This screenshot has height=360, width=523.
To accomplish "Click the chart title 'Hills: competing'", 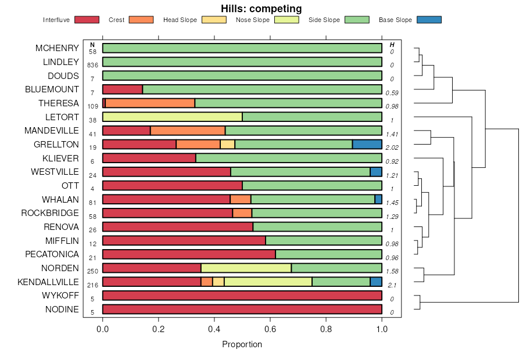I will pyautogui.click(x=261, y=9).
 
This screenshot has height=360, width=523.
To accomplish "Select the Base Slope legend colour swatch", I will pyautogui.click(x=429, y=20).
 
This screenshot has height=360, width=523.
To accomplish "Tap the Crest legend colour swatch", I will pyautogui.click(x=141, y=20).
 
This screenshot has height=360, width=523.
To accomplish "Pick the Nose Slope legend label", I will pyautogui.click(x=252, y=20).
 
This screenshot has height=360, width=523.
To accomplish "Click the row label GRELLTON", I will pyautogui.click(x=57, y=144).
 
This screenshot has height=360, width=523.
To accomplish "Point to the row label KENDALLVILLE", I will pyautogui.click(x=48, y=282).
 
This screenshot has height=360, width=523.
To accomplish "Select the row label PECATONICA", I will pyautogui.click(x=52, y=254).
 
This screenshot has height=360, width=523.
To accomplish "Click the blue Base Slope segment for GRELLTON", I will pyautogui.click(x=367, y=144).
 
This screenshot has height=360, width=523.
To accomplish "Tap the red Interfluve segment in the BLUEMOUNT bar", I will pyautogui.click(x=123, y=89).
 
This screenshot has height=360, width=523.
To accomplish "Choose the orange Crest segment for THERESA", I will pyautogui.click(x=150, y=103).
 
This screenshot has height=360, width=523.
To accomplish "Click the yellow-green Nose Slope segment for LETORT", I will pyautogui.click(x=173, y=117).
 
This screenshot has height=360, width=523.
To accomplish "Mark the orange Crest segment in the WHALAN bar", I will pyautogui.click(x=241, y=199).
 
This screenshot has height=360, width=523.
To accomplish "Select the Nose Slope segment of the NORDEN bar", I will pyautogui.click(x=246, y=268).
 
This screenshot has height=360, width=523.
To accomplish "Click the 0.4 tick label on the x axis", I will pyautogui.click(x=214, y=328).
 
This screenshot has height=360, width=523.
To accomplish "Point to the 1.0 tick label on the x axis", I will pyautogui.click(x=382, y=328).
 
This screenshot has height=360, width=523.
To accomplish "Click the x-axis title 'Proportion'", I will pyautogui.click(x=242, y=344).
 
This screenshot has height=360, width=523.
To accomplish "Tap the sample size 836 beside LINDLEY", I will pyautogui.click(x=92, y=65).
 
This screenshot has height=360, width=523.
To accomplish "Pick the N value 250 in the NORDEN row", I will pyautogui.click(x=92, y=271).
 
